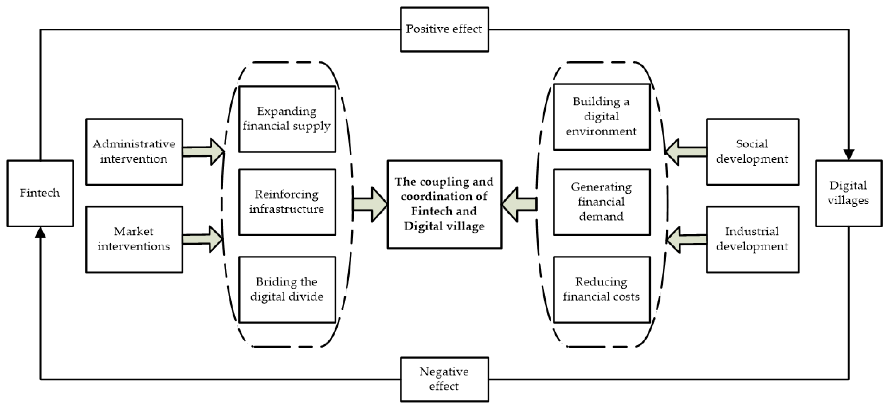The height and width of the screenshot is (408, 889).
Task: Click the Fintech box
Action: coord(40,193)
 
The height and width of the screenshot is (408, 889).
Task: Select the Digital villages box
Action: coord(848,193)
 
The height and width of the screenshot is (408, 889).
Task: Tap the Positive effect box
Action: coord(444,29)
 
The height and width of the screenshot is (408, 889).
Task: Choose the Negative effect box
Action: coord(444,379)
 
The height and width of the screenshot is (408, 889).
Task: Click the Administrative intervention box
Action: coord(134,152)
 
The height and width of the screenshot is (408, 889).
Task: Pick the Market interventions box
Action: coord(134,239)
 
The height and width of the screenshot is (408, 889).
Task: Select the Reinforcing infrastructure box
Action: coord(287,202)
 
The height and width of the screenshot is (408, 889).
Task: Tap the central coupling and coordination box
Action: coord(444,204)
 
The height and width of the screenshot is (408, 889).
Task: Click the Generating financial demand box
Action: coord(602,202)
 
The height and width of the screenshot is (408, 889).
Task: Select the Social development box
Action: coord(752,152)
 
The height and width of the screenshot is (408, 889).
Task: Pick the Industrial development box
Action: coord(752,239)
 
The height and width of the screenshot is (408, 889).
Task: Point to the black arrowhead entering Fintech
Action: coord(40,232)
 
